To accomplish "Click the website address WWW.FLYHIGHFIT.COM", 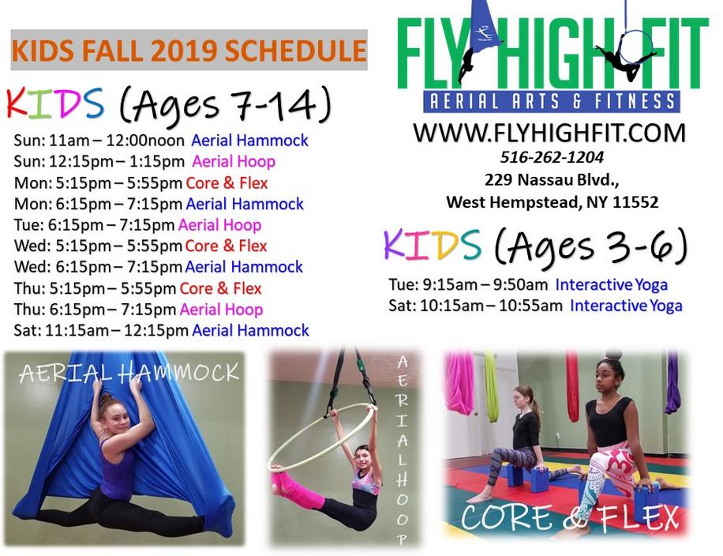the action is pos(549,133).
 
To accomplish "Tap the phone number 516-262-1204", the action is pos(552,157).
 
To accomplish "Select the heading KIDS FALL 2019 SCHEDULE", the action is pos(189,51).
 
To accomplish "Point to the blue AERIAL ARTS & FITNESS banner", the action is pos(552,102).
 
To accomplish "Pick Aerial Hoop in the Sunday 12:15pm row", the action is pos(234,161).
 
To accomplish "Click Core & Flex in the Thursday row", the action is pos(220,288).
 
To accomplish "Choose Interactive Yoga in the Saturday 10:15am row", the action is pos(626,306).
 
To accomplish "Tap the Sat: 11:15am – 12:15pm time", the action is pos(101,330).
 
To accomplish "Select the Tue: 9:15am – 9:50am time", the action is pos(468,284).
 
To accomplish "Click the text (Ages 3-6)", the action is pos(590,247).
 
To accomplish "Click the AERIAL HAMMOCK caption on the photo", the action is pos(129,373).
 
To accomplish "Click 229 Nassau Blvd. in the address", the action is pos(552,179).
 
